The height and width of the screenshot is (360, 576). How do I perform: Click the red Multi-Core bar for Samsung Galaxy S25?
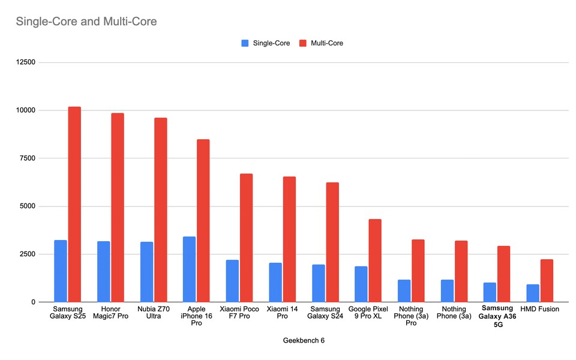(74, 204)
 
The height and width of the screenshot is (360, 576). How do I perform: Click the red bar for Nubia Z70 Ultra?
(160, 210)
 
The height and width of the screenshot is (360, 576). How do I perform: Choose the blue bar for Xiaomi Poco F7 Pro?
(232, 281)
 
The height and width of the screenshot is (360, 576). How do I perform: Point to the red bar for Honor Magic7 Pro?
(118, 207)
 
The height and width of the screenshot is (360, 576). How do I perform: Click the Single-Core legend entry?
(265, 43)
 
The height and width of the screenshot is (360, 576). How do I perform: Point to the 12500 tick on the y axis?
(26, 62)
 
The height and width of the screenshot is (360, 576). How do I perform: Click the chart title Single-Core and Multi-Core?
(86, 22)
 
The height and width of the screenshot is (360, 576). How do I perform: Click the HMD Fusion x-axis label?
(540, 309)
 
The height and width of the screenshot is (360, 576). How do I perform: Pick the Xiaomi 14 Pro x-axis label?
(282, 313)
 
